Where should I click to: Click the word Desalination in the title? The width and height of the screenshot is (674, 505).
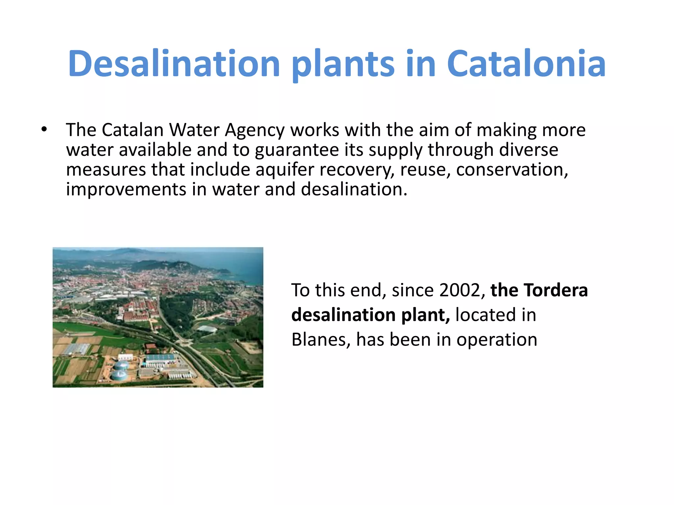174,63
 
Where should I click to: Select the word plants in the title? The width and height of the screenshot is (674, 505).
343,63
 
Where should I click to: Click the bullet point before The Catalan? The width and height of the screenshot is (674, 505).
44,129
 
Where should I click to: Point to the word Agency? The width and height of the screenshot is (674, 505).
254,130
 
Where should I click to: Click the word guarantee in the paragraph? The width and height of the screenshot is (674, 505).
297,150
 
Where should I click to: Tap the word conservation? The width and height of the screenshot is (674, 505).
512,170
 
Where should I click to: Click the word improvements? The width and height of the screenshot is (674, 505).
126,190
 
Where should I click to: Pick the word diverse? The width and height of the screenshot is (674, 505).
529,150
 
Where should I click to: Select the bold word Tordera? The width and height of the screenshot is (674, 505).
556,290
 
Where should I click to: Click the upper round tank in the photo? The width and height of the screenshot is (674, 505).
121,364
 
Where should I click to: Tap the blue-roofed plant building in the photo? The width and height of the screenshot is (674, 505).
160,358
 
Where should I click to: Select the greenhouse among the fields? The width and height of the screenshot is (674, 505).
76,349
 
